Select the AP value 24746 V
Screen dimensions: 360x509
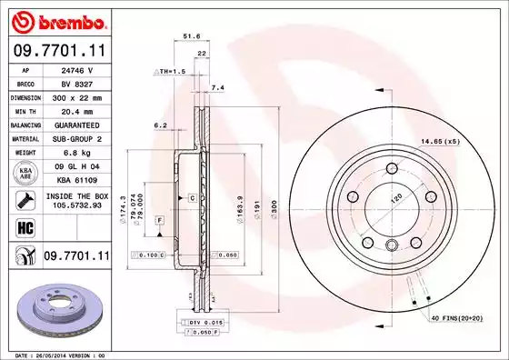click(75, 69)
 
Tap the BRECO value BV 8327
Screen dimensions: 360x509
click(75, 83)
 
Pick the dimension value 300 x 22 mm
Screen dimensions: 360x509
click(75, 96)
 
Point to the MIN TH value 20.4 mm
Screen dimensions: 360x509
click(75, 110)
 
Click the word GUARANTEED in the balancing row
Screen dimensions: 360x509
click(75, 124)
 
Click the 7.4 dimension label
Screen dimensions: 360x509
click(217, 87)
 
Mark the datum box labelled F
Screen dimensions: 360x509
click(160, 221)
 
